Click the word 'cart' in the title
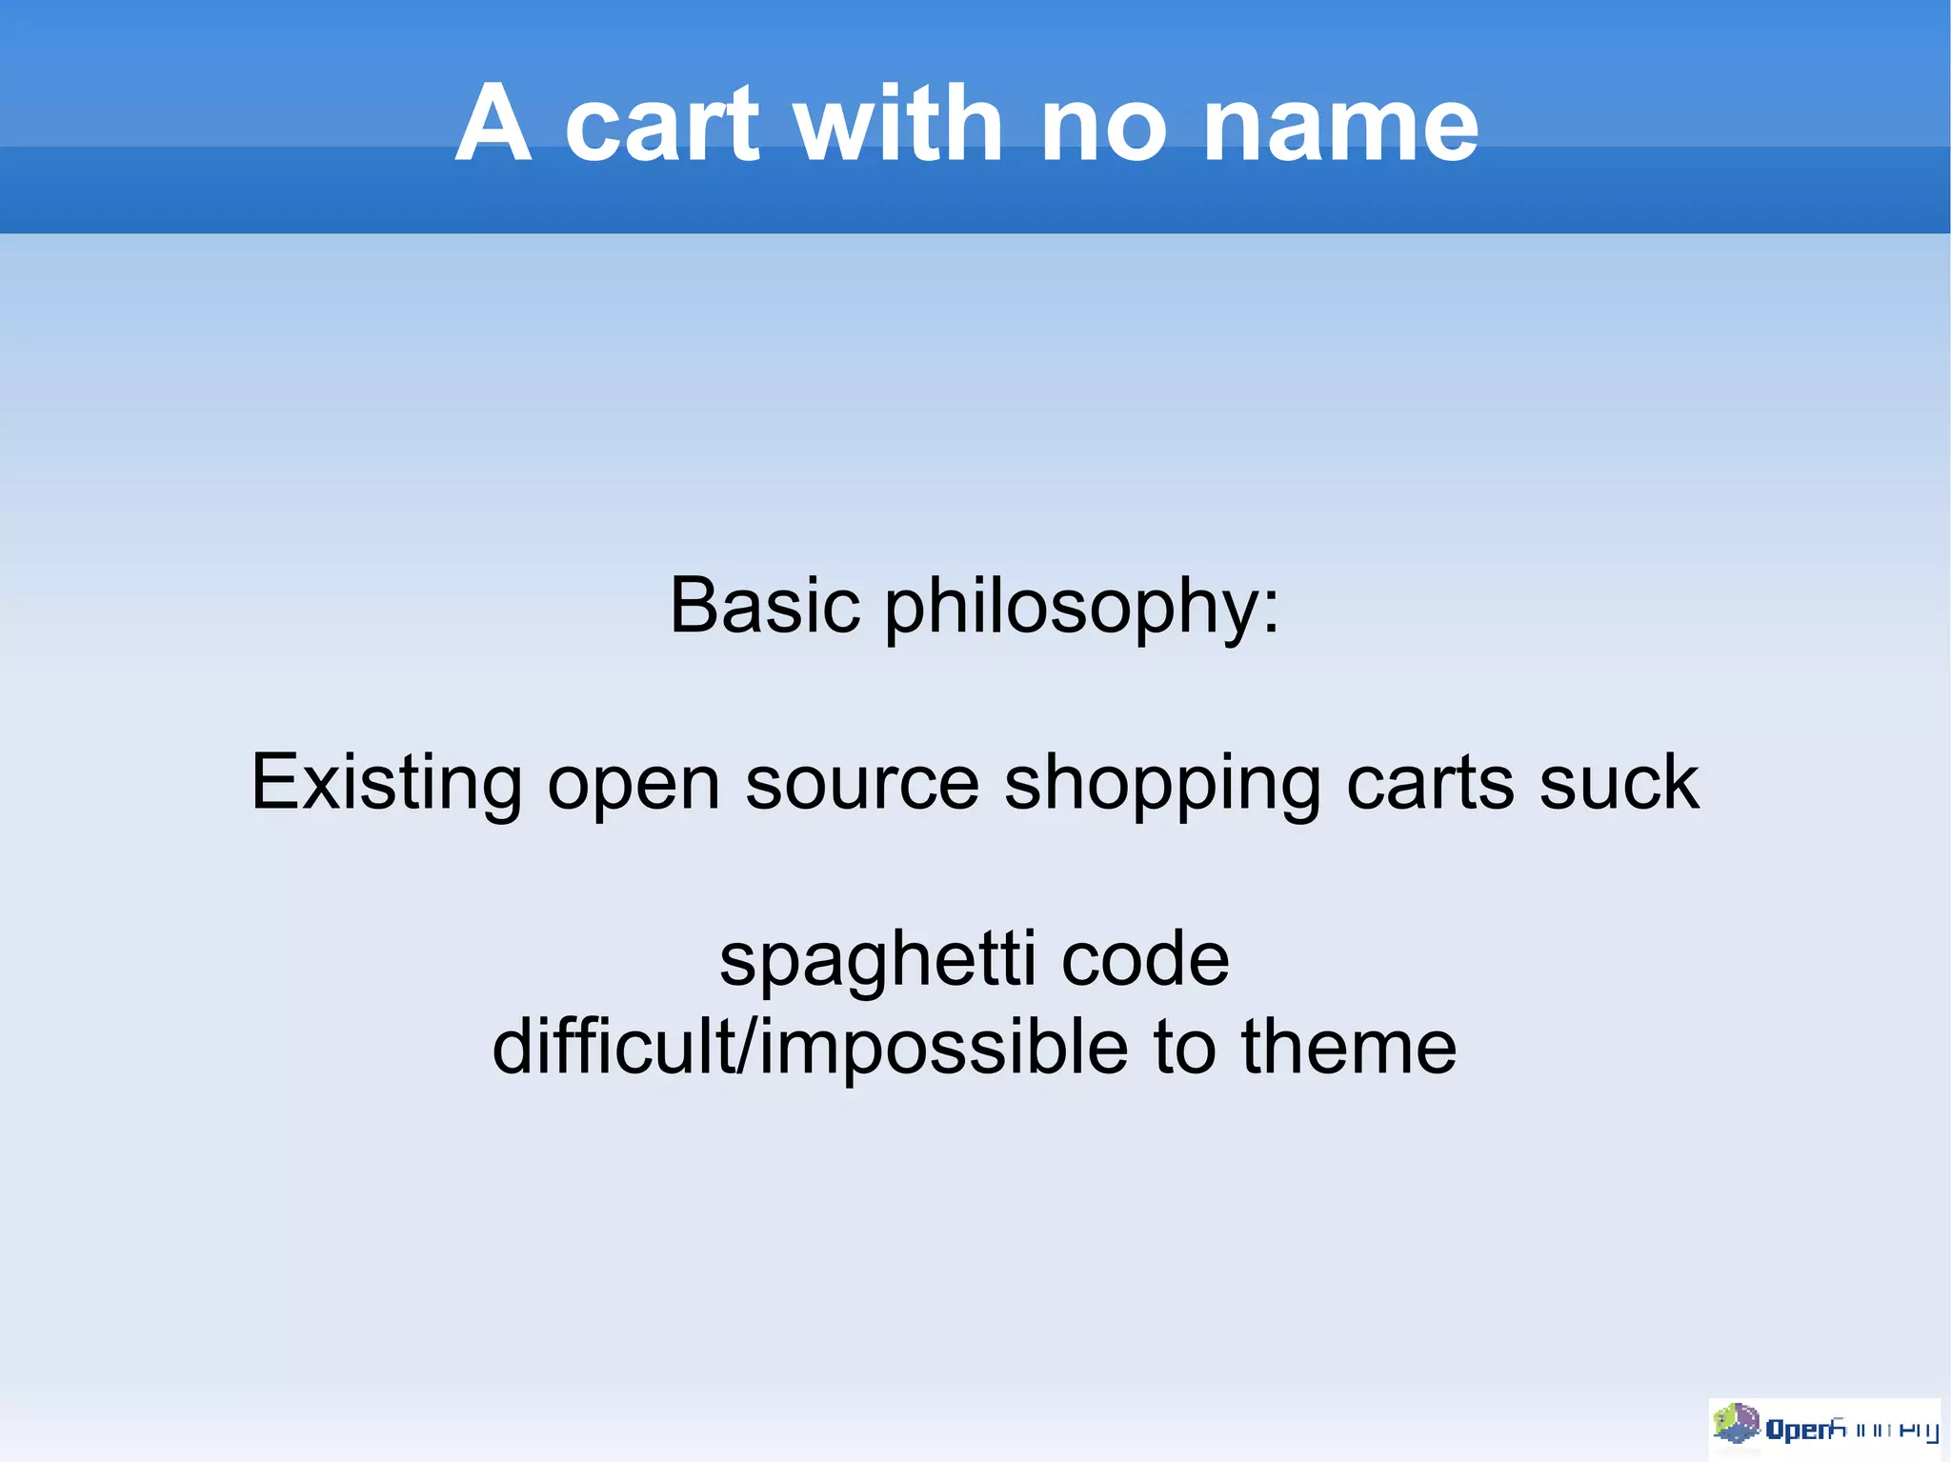[662, 125]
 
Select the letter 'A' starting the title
[492, 125]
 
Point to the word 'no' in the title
[1103, 125]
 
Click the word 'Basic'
[765, 606]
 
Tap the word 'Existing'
[385, 783]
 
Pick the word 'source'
[862, 783]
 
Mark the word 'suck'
[1619, 783]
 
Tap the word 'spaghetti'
[877, 960]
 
